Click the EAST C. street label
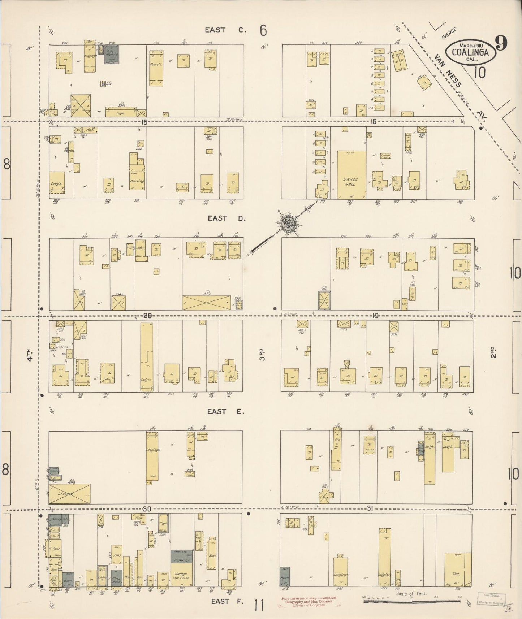(x=225, y=30)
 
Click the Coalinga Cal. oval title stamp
(x=469, y=52)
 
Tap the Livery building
(x=69, y=494)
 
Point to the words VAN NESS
(x=448, y=71)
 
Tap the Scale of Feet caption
(x=411, y=593)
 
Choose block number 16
(x=373, y=122)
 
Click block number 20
(x=147, y=316)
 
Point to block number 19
(x=375, y=316)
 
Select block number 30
(x=146, y=509)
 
